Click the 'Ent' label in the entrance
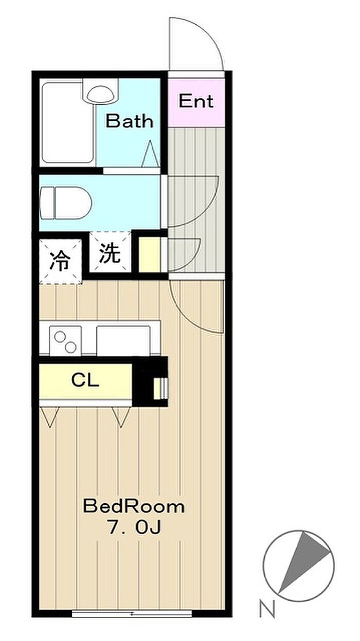(196, 101)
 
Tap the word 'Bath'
(130, 121)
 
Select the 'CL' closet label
(85, 380)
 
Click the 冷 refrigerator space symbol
(60, 260)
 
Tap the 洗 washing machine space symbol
(110, 253)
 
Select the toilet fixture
(66, 203)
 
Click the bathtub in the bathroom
(68, 123)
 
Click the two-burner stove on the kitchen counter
(66, 341)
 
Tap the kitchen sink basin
(123, 340)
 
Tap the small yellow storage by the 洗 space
(149, 254)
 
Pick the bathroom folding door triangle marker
(150, 154)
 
